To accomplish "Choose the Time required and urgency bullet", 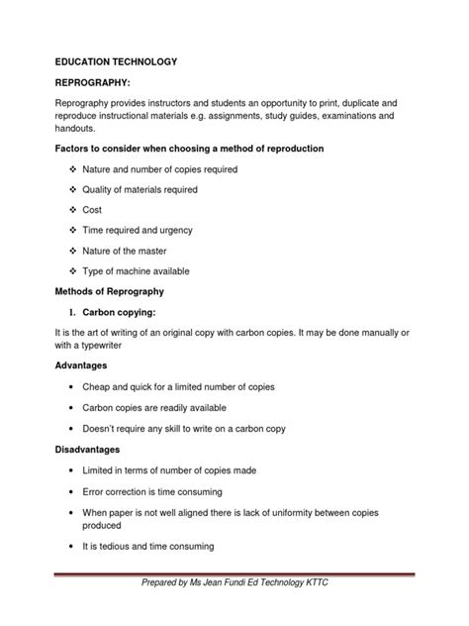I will [143, 230].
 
